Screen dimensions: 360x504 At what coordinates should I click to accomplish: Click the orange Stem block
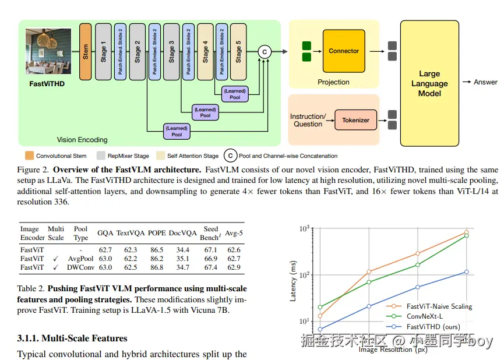[x=86, y=51]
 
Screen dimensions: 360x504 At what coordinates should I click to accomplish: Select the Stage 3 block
[x=171, y=51]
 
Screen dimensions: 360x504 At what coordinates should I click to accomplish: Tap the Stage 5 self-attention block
[x=238, y=51]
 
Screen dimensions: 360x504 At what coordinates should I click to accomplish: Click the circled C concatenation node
[x=265, y=52]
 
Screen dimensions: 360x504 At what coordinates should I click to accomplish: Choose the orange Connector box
[x=344, y=51]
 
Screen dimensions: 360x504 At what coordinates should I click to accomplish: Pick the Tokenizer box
[x=355, y=120]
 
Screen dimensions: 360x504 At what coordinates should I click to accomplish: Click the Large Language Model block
[x=429, y=83]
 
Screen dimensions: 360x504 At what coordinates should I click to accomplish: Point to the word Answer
[x=485, y=82]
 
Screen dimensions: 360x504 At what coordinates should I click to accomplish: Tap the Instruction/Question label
[x=308, y=120]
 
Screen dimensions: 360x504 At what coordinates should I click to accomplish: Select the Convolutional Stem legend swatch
[x=29, y=156]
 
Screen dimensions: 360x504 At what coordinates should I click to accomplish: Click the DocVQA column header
[x=182, y=233]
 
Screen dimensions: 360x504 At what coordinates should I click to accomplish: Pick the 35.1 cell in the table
[x=182, y=259]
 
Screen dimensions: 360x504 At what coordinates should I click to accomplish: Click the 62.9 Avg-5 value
[x=234, y=267]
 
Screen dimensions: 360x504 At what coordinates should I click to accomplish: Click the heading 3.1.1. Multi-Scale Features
[x=72, y=338]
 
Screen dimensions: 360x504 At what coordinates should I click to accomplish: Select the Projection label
[x=333, y=82]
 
